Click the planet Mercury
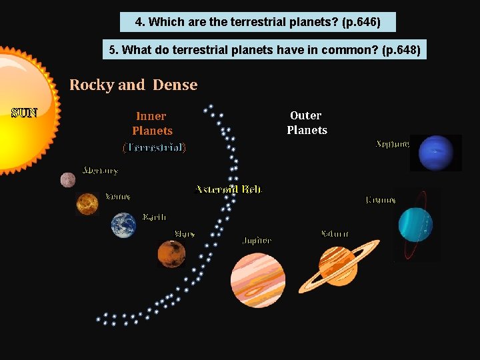pyautogui.click(x=68, y=180)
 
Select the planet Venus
pyautogui.click(x=87, y=203)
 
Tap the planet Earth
pyautogui.click(x=123, y=225)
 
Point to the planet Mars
pyautogui.click(x=171, y=254)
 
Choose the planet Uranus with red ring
pyautogui.click(x=416, y=224)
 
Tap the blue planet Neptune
pyautogui.click(x=436, y=153)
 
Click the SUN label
pyautogui.click(x=24, y=112)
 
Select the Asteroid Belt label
pyautogui.click(x=229, y=189)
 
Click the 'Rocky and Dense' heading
pyautogui.click(x=133, y=85)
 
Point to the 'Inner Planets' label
pyautogui.click(x=152, y=123)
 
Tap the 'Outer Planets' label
pyautogui.click(x=307, y=123)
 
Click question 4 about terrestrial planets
pyautogui.click(x=257, y=22)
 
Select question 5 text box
pyautogui.click(x=265, y=50)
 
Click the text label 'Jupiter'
pyautogui.click(x=256, y=240)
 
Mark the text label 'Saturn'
pyautogui.click(x=335, y=233)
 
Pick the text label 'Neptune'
pyautogui.click(x=393, y=143)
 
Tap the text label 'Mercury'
pyautogui.click(x=100, y=171)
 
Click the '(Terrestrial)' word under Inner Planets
pyautogui.click(x=154, y=147)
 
